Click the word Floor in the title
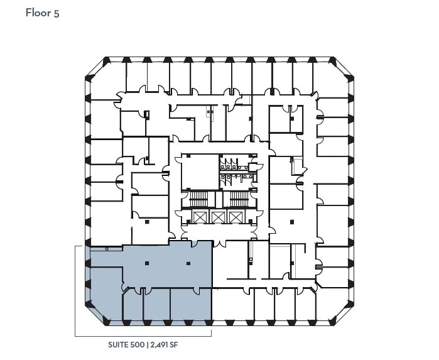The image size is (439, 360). click(38, 13)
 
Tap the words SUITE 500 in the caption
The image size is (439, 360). click(125, 345)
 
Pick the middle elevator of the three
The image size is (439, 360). click(217, 217)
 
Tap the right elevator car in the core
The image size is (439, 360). click(236, 217)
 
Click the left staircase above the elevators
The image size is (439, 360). click(198, 200)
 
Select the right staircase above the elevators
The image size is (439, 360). click(239, 200)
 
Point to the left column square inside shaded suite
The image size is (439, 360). click(146, 263)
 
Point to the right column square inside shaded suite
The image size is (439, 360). click(188, 263)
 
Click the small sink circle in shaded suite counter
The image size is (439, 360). click(107, 249)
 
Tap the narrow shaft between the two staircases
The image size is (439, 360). click(219, 200)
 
